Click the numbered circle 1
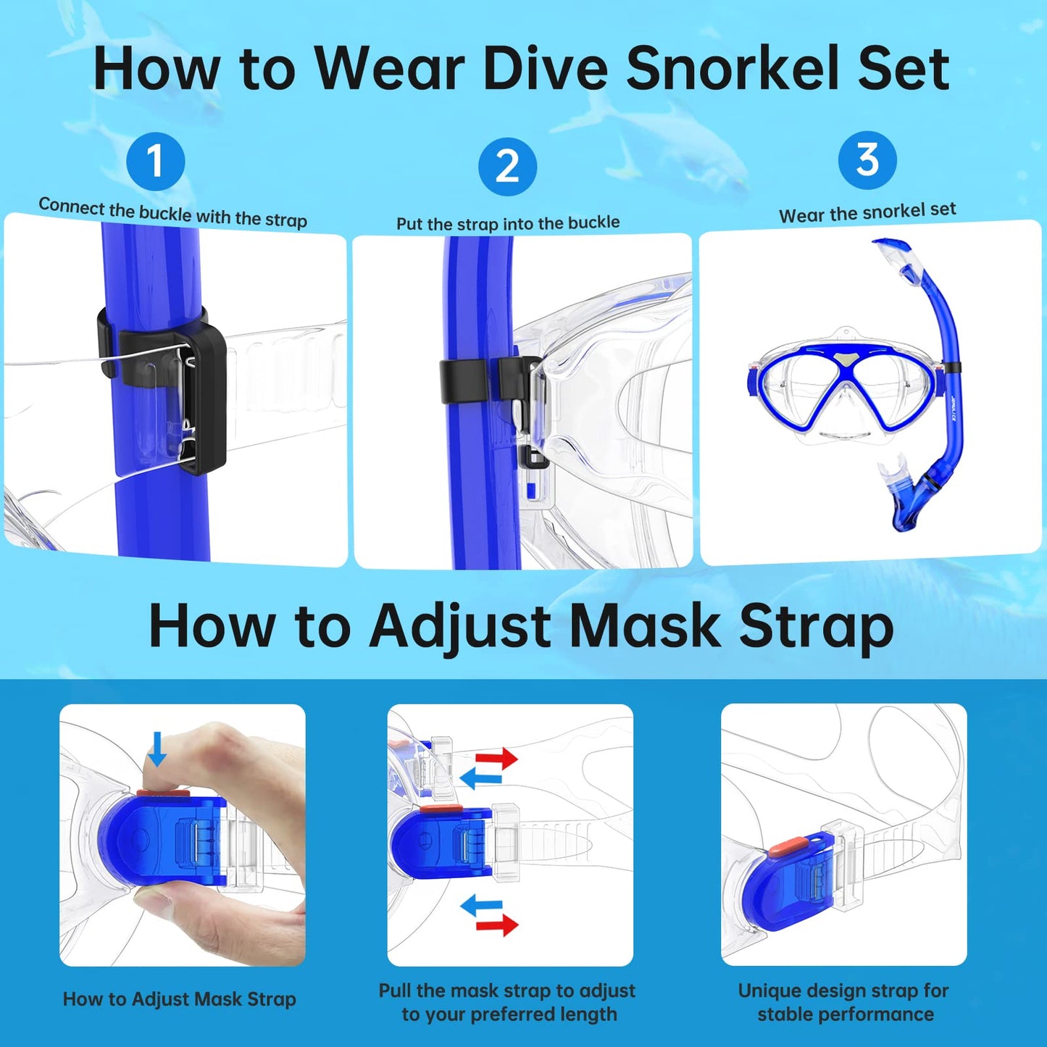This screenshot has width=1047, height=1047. click(155, 162)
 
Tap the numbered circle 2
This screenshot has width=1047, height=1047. click(507, 167)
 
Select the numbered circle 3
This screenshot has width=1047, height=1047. click(867, 160)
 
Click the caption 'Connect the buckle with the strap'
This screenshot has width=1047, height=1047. click(172, 212)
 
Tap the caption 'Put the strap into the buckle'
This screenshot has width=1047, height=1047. click(508, 223)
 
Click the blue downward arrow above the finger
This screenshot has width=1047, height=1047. click(157, 748)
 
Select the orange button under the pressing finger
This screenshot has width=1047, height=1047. click(163, 793)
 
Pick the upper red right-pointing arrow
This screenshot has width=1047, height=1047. click(496, 759)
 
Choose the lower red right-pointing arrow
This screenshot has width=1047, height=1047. click(496, 925)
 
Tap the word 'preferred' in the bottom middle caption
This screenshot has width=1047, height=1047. click(516, 1014)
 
